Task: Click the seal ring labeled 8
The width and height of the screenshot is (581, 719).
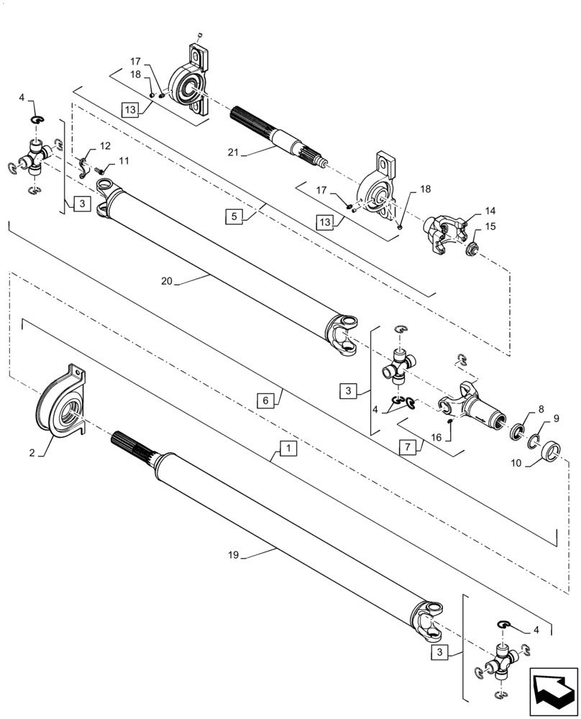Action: click(x=516, y=433)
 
